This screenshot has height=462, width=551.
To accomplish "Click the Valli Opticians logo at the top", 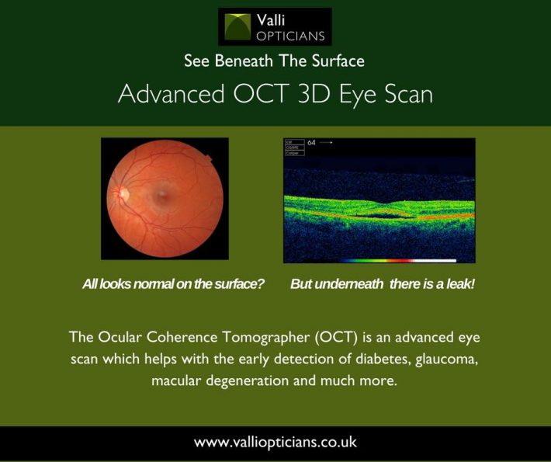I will click(x=275, y=26).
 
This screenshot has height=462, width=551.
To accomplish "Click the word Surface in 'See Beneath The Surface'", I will click(x=337, y=61).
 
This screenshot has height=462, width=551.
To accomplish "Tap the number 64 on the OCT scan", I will click(x=312, y=143).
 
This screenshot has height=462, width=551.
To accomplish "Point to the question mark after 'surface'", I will click(x=262, y=284).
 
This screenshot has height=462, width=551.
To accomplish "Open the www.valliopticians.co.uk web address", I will click(x=275, y=443).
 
